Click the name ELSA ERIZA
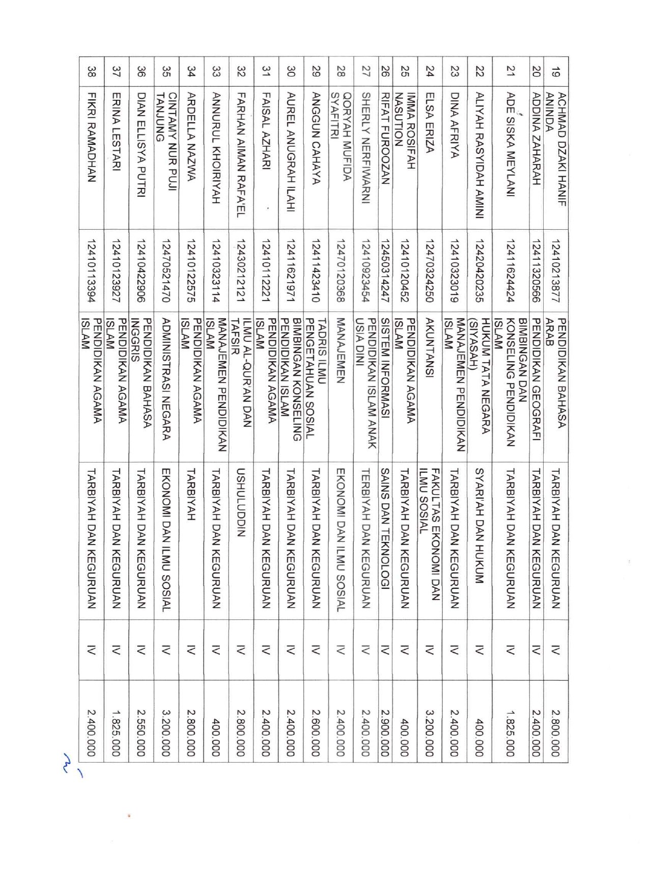[430, 122]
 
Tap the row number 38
[92, 72]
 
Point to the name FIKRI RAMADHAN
[92, 137]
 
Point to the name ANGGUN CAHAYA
[316, 138]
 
